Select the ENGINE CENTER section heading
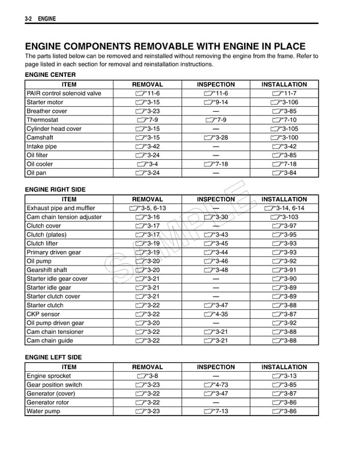[x=50, y=75]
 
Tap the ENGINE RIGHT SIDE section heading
[x=55, y=190]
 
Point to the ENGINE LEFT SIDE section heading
[x=53, y=357]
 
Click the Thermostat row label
[x=42, y=120]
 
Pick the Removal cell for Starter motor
[x=147, y=102]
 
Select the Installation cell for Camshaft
[x=284, y=138]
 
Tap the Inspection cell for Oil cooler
[x=215, y=164]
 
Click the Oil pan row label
[x=37, y=173]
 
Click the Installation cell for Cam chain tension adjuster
[x=284, y=217]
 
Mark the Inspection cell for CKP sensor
[x=215, y=314]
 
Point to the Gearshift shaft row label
[x=47, y=270]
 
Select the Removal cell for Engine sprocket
[x=147, y=376]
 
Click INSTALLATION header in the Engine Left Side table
[x=284, y=367]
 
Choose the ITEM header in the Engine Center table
[x=69, y=85]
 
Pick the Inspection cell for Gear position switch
[x=215, y=385]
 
